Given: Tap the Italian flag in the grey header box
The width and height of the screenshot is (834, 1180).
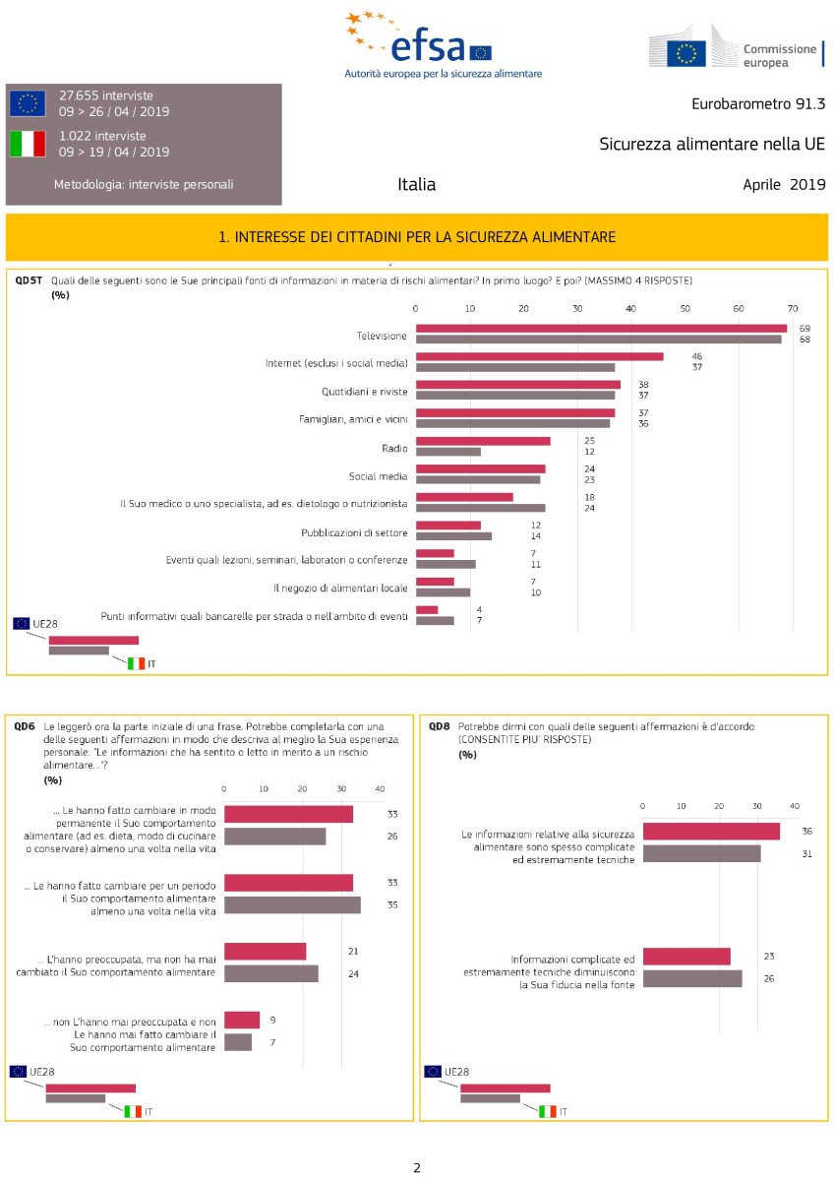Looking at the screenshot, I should [x=28, y=144].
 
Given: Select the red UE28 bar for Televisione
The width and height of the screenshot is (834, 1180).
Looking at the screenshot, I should [x=601, y=328].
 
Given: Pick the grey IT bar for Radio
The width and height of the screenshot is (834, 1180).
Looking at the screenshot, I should [x=448, y=452].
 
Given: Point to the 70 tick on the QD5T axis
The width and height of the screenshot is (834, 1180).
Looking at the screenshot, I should [x=792, y=309].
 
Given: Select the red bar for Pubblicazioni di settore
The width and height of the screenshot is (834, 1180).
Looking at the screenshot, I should [x=448, y=526].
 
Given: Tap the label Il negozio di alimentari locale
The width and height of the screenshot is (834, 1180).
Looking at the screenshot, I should [x=340, y=588].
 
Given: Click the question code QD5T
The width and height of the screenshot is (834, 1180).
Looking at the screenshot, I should [x=28, y=280].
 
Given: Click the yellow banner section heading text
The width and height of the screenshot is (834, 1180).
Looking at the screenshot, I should [x=417, y=237].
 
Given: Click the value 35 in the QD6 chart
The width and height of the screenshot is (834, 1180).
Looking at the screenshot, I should [x=392, y=903].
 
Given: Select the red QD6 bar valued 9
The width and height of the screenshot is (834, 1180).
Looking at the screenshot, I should [x=242, y=1020].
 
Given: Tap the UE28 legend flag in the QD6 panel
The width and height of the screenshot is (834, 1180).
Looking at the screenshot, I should [x=19, y=1071].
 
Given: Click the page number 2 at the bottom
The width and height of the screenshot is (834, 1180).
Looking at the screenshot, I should [x=417, y=1168].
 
